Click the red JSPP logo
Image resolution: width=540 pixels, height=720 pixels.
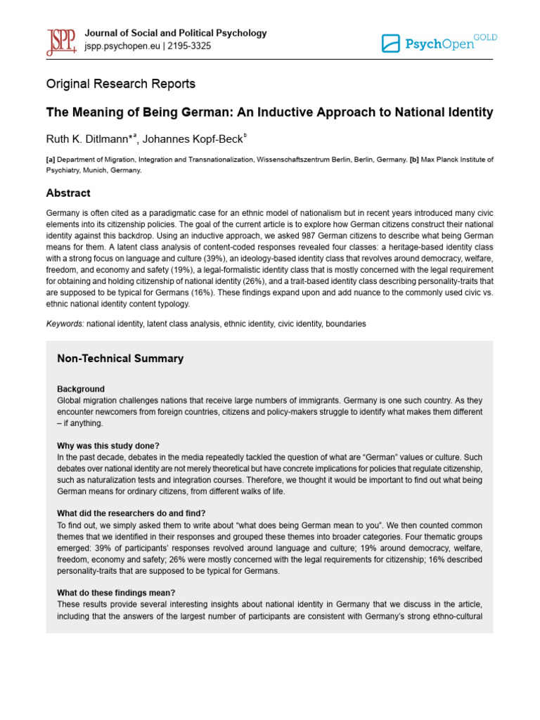61,41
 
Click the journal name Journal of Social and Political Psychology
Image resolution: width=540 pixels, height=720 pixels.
175,33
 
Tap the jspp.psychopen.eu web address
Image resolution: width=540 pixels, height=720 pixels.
120,46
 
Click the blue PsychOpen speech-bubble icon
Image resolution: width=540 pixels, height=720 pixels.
390,44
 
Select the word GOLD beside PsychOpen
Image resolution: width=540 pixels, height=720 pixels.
485,37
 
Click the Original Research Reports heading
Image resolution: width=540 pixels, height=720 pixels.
120,84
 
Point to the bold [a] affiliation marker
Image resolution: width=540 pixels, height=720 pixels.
51,160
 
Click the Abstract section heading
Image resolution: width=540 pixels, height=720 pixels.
68,193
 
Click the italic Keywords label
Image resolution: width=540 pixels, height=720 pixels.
65,323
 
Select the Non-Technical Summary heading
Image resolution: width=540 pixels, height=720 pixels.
120,359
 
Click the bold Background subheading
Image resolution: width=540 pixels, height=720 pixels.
80,389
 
